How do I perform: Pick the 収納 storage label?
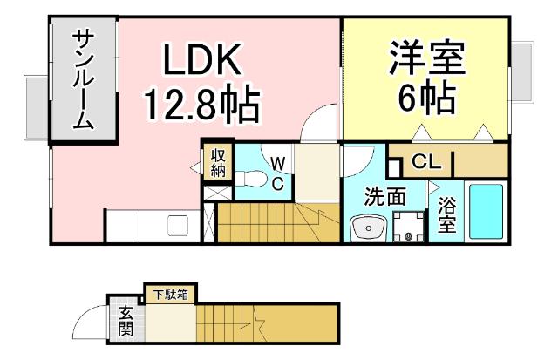click(x=218, y=162)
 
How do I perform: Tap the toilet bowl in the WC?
click(x=253, y=180)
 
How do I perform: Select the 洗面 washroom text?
click(x=384, y=197)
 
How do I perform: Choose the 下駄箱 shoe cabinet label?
click(x=170, y=295)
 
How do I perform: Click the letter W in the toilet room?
click(x=276, y=163)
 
